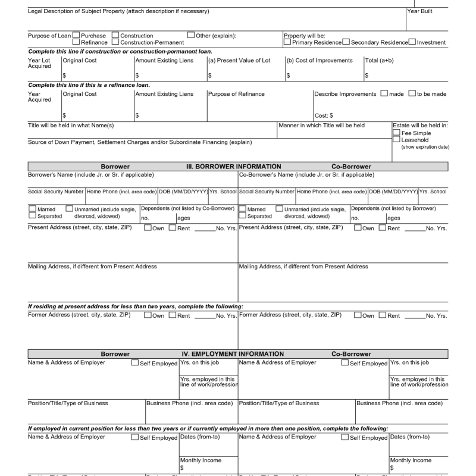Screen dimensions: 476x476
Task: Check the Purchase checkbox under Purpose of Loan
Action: (x=76, y=36)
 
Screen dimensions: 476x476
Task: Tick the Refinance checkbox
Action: (x=76, y=42)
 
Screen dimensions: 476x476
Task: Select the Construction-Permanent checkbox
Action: (x=115, y=42)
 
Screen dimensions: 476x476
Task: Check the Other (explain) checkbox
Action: (x=191, y=36)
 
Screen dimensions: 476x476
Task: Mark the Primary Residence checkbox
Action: (x=287, y=42)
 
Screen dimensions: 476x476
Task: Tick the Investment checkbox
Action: (x=412, y=42)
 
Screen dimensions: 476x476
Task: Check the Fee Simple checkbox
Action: (x=396, y=133)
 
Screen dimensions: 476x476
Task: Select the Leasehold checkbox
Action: (x=396, y=140)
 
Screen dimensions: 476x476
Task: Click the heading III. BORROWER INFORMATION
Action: (x=234, y=167)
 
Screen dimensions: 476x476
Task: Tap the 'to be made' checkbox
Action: (x=412, y=93)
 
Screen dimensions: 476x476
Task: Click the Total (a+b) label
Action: (x=380, y=61)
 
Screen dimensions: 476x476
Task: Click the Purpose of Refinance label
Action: (x=236, y=94)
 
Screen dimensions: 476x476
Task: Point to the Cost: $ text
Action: (x=324, y=115)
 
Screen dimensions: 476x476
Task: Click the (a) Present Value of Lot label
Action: (x=239, y=61)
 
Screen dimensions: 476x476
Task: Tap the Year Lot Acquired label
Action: (x=39, y=64)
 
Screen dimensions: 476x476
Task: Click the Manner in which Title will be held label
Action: (x=321, y=126)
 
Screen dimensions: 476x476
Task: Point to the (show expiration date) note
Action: (x=425, y=147)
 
